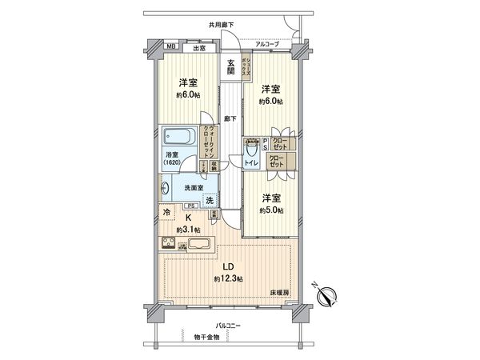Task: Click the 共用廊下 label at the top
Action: [221, 25]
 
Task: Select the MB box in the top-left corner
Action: [171, 46]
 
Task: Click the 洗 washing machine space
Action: [210, 199]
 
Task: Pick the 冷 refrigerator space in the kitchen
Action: [166, 213]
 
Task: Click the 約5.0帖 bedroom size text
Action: [270, 210]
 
